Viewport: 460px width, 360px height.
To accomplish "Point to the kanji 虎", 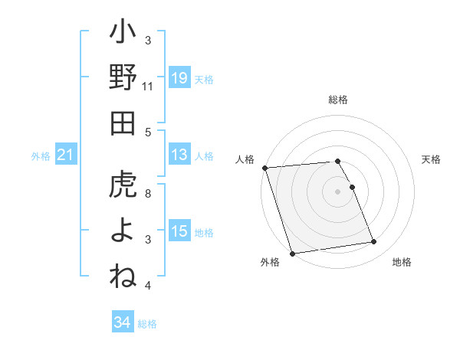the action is [123, 185].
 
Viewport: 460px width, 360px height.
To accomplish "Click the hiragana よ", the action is [123, 231].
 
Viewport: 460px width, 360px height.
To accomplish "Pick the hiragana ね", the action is [123, 276].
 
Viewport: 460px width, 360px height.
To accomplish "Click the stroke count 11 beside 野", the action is [148, 87].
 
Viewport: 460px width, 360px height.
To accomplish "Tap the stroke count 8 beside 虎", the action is [148, 193].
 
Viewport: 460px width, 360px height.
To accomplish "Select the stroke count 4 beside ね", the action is [148, 286].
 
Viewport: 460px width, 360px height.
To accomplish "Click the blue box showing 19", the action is [179, 77].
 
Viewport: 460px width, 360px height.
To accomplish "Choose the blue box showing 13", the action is [179, 155].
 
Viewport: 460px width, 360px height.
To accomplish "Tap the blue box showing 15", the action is [179, 231].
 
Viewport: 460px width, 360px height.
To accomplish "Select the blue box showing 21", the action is [66, 155].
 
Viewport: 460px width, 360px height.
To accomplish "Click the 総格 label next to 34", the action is [147, 324].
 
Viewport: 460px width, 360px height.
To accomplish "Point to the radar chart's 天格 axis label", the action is [432, 159].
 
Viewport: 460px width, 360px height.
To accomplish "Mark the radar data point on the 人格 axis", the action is [264, 168].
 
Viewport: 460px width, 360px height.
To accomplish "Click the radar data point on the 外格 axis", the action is [292, 254].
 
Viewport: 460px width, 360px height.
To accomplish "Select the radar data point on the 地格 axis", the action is [373, 242].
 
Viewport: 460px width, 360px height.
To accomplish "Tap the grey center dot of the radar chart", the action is [337, 191].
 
